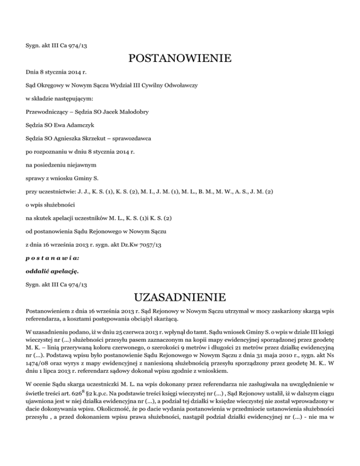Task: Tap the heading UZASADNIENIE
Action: pos(180,297)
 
